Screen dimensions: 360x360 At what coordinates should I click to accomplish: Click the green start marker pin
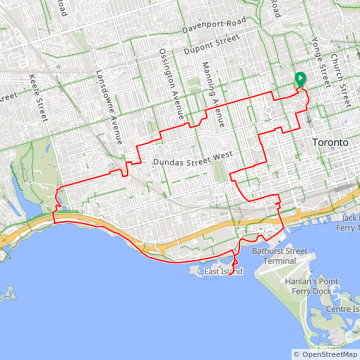[297, 81]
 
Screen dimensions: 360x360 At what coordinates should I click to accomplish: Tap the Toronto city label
[331, 143]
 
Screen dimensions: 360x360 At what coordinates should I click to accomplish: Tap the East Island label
[223, 271]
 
